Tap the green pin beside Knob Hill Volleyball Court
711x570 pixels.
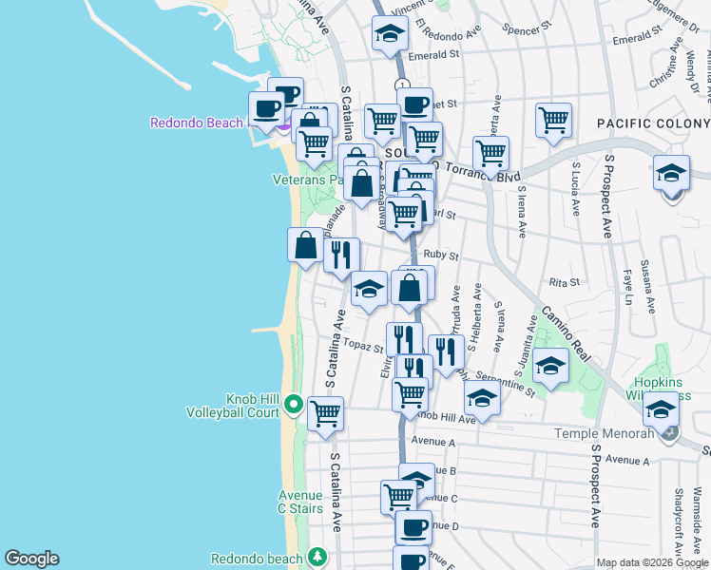coord(294,406)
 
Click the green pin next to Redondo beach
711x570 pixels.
coord(317,557)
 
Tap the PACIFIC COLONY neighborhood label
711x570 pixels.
coord(652,123)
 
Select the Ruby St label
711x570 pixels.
coord(442,255)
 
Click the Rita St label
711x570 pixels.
coord(565,282)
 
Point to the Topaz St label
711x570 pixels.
coord(363,345)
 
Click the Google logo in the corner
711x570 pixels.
coord(31,559)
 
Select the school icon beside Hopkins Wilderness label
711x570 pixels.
coord(661,409)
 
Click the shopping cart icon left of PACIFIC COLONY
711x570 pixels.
coord(553,121)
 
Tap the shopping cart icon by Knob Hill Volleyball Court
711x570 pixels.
coord(325,414)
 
